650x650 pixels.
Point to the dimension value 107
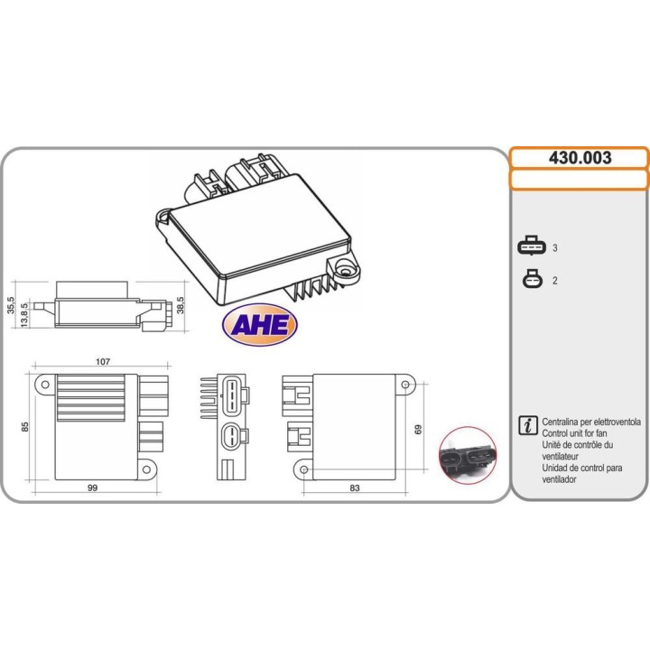pos(102,361)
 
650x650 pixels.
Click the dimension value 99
pos(92,487)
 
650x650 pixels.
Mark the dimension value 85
pos(26,427)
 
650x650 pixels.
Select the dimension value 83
pos(354,487)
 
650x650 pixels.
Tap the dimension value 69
pos(418,430)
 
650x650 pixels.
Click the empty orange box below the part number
pos(580,179)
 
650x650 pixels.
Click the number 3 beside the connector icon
pos(555,247)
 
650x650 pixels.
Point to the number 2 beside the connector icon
pos(555,281)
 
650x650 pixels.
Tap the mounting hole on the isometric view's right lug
pos(344,267)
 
